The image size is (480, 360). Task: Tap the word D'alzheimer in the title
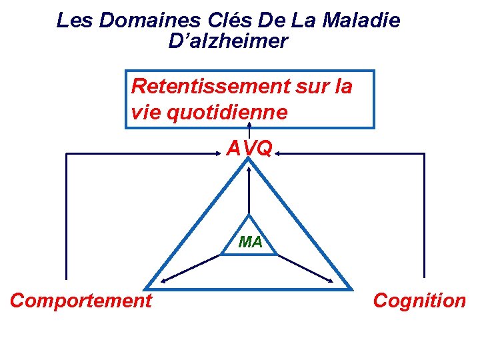click(229, 41)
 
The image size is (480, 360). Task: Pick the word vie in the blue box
click(145, 112)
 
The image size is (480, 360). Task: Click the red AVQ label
click(249, 148)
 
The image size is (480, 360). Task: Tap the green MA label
click(250, 242)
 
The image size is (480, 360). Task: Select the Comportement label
click(81, 301)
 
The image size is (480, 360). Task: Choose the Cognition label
click(419, 301)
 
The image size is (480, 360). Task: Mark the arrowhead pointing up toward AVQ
click(249, 170)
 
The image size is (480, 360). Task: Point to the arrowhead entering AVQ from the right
click(279, 153)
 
